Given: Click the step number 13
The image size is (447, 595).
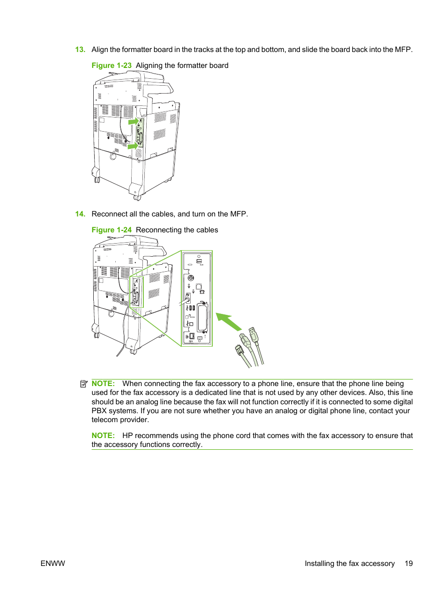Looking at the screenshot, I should [80, 50].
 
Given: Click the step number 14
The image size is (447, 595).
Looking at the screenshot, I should [80, 214].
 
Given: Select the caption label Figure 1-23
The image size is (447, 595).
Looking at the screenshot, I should [112, 66].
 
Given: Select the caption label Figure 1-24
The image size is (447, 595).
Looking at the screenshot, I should [112, 230].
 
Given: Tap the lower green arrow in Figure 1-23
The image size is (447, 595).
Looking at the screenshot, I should [133, 146].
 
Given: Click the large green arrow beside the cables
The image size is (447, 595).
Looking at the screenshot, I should [229, 322].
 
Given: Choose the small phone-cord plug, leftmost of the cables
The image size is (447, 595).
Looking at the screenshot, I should [239, 350].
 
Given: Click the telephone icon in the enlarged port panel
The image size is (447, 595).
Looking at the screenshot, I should [202, 292].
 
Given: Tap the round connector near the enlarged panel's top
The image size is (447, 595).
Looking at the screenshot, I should [191, 278].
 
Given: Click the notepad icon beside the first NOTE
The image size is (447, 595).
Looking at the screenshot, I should [84, 384].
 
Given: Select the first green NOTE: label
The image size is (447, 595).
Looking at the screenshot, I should [103, 384].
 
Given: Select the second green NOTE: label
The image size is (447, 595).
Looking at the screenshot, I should [103, 436].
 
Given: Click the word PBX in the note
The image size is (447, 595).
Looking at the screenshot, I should [99, 411].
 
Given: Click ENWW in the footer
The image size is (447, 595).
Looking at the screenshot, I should [53, 564].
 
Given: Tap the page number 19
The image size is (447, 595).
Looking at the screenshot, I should [409, 564].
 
